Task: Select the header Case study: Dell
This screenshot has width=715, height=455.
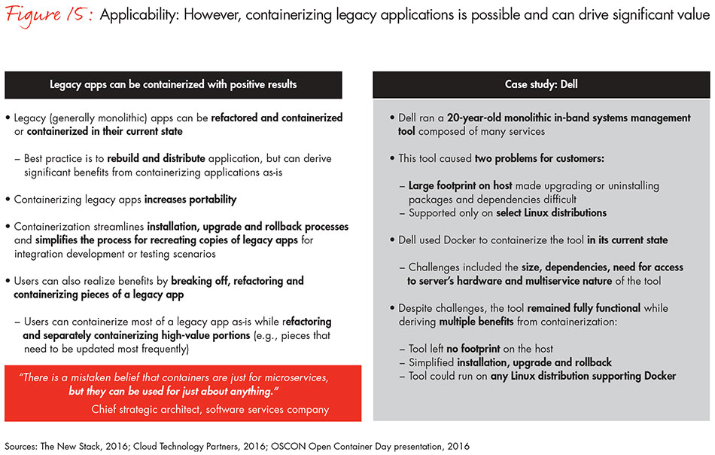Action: click(540, 84)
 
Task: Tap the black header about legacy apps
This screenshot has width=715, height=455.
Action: click(173, 84)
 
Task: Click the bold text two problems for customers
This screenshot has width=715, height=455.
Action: click(538, 159)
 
